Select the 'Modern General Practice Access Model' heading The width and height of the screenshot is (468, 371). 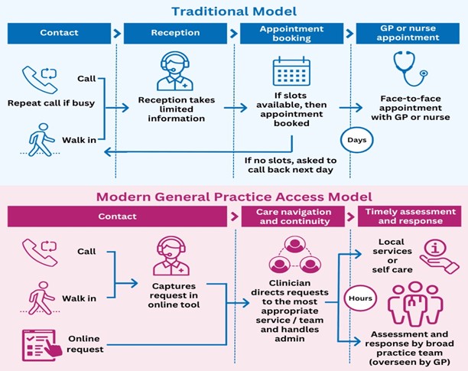233,196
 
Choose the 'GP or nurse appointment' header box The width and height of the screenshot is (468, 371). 408,34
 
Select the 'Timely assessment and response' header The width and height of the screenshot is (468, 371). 409,216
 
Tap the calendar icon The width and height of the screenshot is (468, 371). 290,72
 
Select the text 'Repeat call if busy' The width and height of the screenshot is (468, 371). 51,103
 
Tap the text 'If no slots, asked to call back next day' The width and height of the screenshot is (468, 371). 292,166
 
